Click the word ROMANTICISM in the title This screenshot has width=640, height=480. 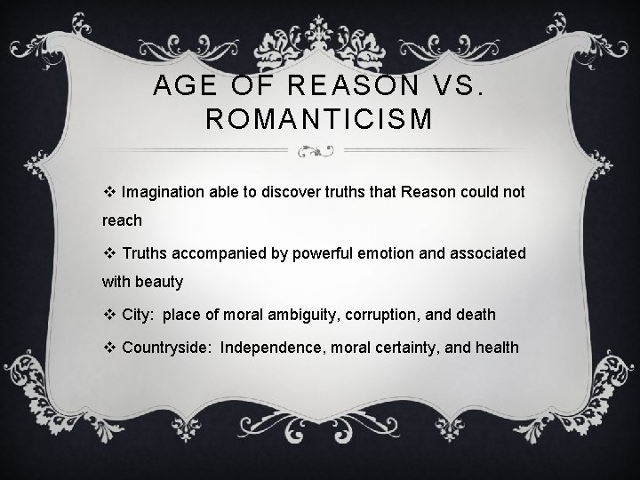(x=319, y=119)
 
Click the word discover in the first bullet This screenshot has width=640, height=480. (x=292, y=191)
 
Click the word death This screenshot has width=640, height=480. (x=476, y=316)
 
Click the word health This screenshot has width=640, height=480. (x=496, y=347)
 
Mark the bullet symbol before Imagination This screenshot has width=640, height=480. (x=109, y=191)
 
